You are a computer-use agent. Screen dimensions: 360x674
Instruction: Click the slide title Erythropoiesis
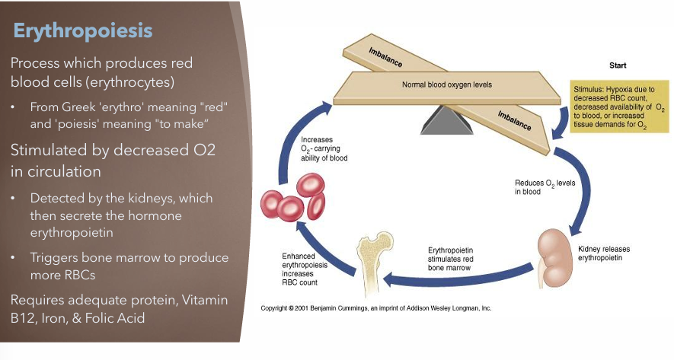tap(83, 30)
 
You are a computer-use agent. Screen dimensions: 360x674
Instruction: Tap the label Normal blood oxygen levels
tap(446, 84)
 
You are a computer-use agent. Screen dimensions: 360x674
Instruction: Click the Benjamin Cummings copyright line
tap(375, 309)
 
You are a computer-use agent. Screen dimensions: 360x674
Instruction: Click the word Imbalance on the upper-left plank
tap(385, 56)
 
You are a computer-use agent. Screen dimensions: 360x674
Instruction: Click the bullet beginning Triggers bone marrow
tap(129, 267)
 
